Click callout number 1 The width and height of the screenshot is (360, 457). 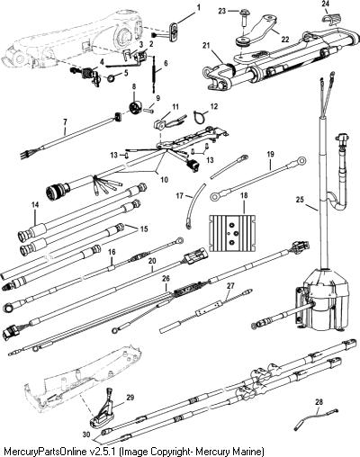tap(198, 7)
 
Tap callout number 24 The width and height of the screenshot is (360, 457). tap(325, 4)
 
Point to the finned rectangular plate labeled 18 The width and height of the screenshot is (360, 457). tap(233, 233)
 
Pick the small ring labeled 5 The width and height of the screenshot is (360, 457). tap(112, 79)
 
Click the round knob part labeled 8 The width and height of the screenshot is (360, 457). tap(134, 107)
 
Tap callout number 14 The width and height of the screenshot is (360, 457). tap(35, 205)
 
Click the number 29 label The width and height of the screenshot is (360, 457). tap(130, 398)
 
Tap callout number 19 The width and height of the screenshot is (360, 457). tap(270, 155)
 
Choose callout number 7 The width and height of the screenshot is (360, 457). tap(65, 122)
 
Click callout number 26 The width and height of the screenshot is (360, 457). tap(166, 279)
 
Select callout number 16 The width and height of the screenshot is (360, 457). tap(112, 252)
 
